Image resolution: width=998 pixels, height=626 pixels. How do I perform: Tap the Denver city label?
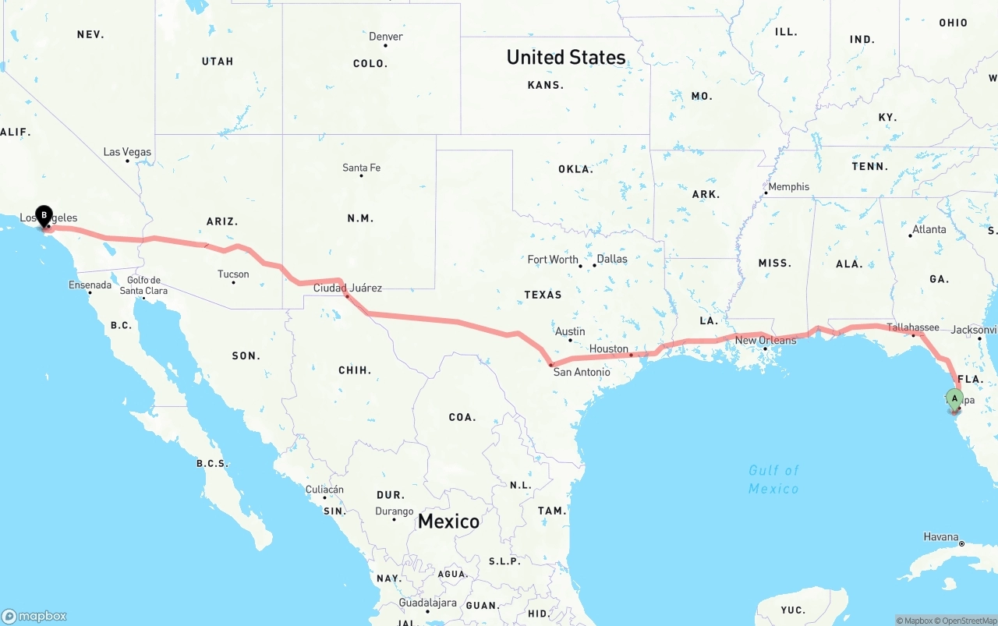[x=386, y=37]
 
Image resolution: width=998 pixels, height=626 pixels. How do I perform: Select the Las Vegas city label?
[x=127, y=152]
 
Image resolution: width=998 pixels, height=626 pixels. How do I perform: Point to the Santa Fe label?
[x=361, y=168]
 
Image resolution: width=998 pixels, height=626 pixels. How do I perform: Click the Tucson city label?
[x=233, y=274]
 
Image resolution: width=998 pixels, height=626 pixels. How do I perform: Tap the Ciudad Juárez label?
[x=348, y=288]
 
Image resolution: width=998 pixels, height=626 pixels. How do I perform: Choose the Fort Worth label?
[x=553, y=259]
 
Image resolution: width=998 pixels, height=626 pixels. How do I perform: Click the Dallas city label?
[x=611, y=259]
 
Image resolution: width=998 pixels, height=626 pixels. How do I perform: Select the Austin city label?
[x=570, y=331]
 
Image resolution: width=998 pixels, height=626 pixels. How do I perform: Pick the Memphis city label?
[x=788, y=187]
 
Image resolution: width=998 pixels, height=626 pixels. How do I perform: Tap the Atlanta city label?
[x=929, y=229]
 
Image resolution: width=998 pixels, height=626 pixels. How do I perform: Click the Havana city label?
[x=940, y=536]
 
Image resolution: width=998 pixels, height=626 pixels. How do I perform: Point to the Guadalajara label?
[x=427, y=603]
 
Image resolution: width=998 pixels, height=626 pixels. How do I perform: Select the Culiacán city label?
[x=324, y=490]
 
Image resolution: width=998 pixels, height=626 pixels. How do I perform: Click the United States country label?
[x=565, y=57]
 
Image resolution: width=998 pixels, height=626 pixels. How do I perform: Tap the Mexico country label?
[x=448, y=521]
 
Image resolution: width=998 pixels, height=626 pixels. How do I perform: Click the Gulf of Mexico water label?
[x=773, y=479]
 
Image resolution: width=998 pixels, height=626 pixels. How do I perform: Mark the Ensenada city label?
[x=90, y=285]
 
